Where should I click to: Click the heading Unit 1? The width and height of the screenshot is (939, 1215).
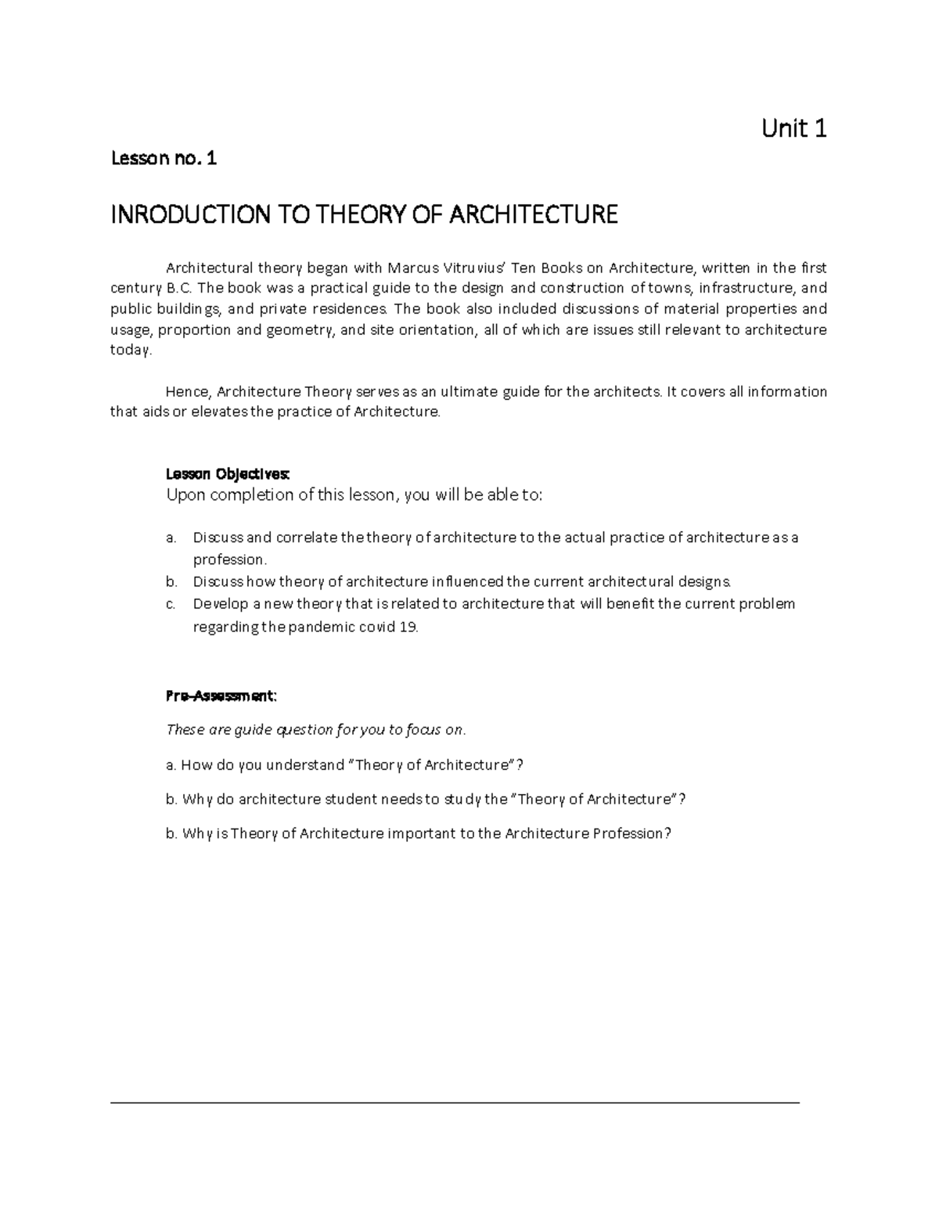[x=793, y=128]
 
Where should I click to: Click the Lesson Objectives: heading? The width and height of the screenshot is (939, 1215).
[x=228, y=474]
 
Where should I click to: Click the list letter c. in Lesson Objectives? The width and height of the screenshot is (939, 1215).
[x=171, y=604]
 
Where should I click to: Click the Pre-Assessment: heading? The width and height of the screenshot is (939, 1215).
[x=221, y=696]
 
